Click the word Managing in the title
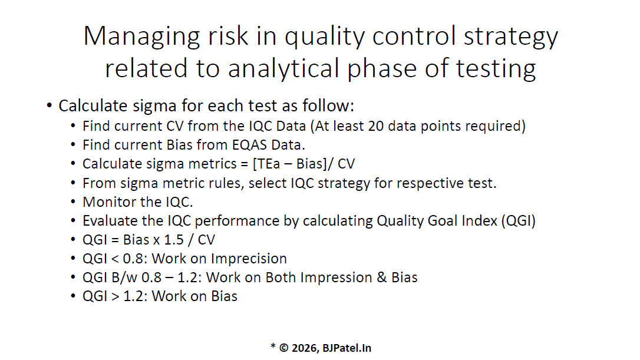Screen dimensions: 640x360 [141, 37]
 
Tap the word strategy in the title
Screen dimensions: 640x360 [510, 37]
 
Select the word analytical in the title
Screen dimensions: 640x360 [283, 69]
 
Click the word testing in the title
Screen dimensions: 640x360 [496, 69]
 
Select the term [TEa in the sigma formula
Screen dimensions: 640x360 [266, 164]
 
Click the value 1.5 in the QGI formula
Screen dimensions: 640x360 [174, 240]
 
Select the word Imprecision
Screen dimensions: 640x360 [249, 259]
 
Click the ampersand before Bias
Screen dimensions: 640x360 [382, 278]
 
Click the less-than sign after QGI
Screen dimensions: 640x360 [116, 259]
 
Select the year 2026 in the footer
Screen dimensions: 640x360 [305, 348]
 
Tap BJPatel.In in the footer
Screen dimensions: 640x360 [347, 348]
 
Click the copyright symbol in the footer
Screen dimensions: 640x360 [283, 348]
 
